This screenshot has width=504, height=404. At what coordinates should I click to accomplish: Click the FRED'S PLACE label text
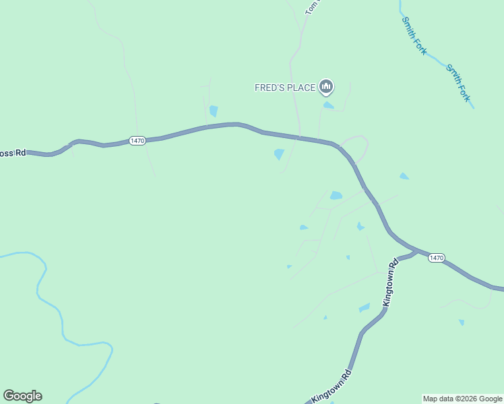tap(284, 88)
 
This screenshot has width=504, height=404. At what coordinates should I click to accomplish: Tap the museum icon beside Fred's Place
tap(326, 87)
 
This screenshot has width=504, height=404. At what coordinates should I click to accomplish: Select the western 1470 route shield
tap(137, 140)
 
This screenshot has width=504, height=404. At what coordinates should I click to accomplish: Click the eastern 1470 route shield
tap(436, 258)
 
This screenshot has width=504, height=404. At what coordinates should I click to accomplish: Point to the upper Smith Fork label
tap(414, 36)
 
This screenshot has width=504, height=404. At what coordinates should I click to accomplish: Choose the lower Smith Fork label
tap(458, 83)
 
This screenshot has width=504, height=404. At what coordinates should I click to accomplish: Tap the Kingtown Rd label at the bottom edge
tap(332, 386)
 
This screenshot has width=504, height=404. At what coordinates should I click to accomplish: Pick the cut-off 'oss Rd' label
tap(12, 153)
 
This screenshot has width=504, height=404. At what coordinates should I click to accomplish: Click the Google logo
tap(22, 396)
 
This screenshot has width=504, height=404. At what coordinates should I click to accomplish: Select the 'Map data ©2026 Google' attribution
tap(462, 399)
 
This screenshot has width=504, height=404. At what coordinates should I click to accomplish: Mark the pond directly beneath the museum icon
tap(328, 105)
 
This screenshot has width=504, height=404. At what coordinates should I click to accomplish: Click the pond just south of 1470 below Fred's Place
tap(279, 154)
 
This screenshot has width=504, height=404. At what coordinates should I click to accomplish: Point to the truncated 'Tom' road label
tap(311, 7)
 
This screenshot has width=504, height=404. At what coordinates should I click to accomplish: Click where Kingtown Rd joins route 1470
tap(415, 251)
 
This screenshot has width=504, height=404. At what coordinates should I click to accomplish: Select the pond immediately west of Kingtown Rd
tap(365, 308)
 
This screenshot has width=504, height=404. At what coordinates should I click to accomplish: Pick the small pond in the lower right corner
tap(462, 323)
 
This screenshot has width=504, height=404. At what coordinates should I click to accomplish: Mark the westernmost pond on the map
tap(214, 111)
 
